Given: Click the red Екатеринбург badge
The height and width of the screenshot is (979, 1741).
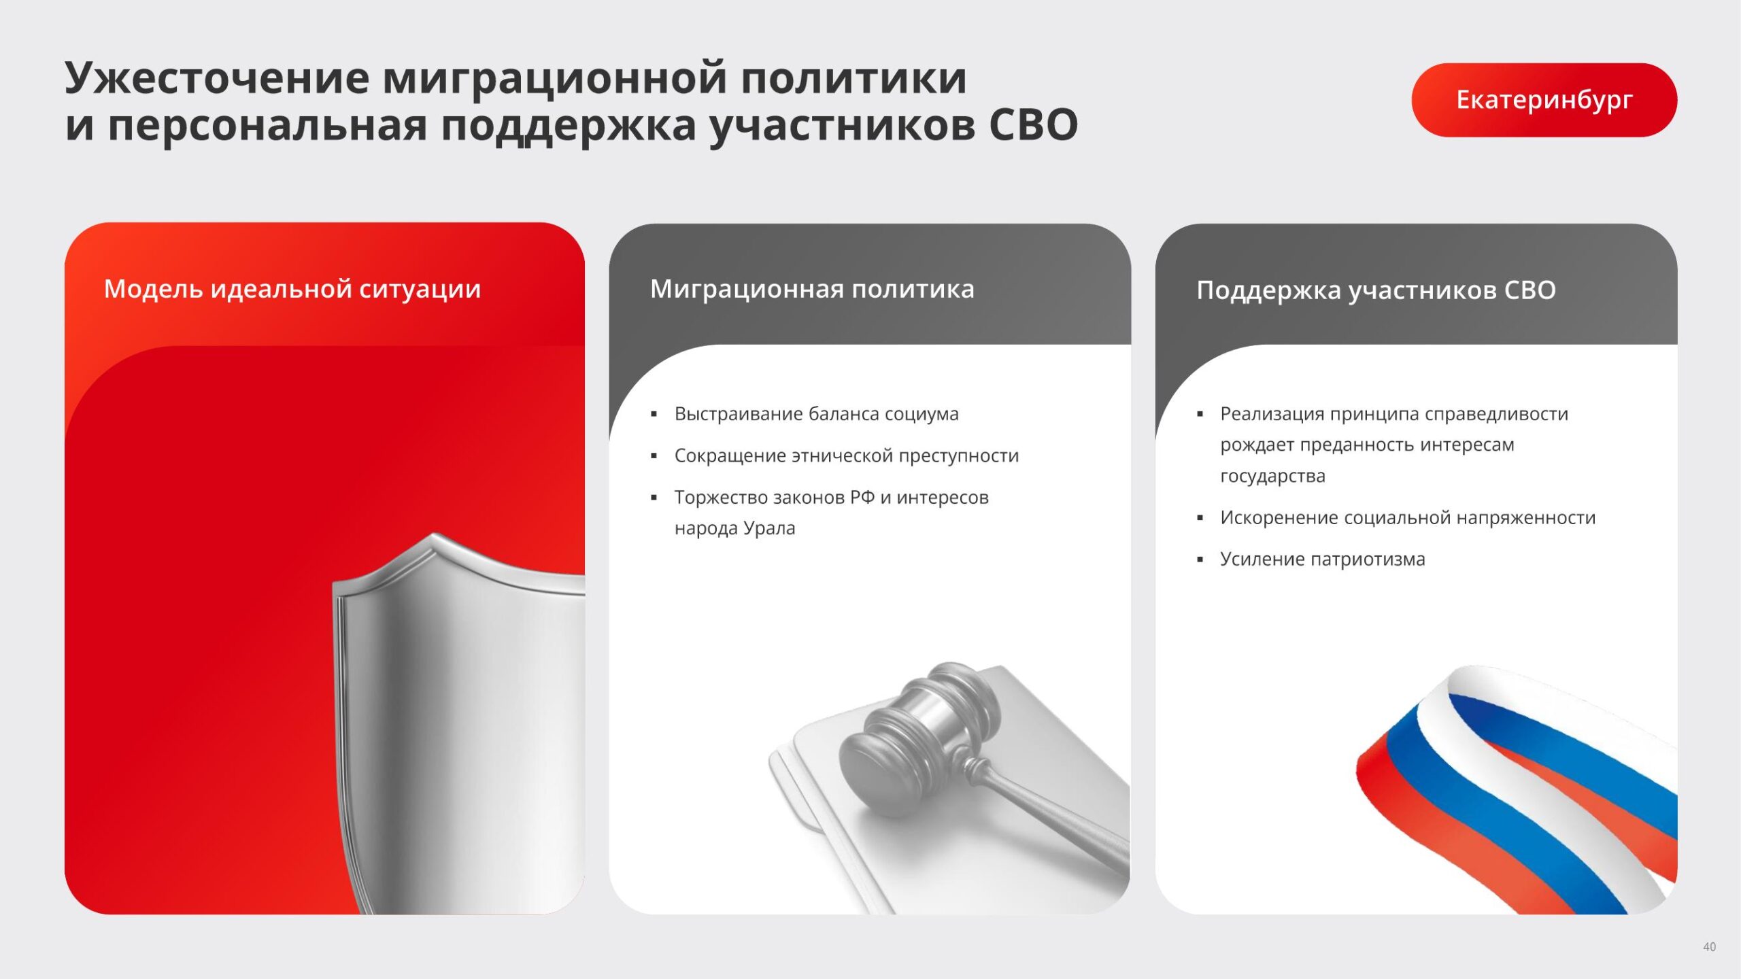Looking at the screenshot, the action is pos(1544,100).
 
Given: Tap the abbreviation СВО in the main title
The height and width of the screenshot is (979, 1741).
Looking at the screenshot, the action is pos(1033,125).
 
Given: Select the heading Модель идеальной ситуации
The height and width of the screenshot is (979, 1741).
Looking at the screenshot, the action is pos(292,290).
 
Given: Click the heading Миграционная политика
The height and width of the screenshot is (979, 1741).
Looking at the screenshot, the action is pos(812,289).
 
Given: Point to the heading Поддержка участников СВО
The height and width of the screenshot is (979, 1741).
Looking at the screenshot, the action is pos(1376,290).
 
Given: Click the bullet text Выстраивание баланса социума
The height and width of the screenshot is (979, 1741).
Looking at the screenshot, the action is pos(816,414).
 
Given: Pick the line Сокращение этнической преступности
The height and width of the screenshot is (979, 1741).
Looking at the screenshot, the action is pos(847,456).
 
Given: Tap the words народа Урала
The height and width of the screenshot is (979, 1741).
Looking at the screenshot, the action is pos(734,528).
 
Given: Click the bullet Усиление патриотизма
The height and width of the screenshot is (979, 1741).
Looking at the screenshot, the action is pos(1322,560).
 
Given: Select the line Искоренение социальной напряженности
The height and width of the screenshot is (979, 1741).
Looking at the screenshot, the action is pos(1408,518).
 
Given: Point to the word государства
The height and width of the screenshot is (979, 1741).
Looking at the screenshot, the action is pos(1272,477).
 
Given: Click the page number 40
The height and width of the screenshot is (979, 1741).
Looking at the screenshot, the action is pos(1709,947).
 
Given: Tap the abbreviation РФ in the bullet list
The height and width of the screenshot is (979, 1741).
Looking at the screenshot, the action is pos(862,497).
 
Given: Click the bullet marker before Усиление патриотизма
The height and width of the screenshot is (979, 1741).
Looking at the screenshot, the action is pos(1200,560).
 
